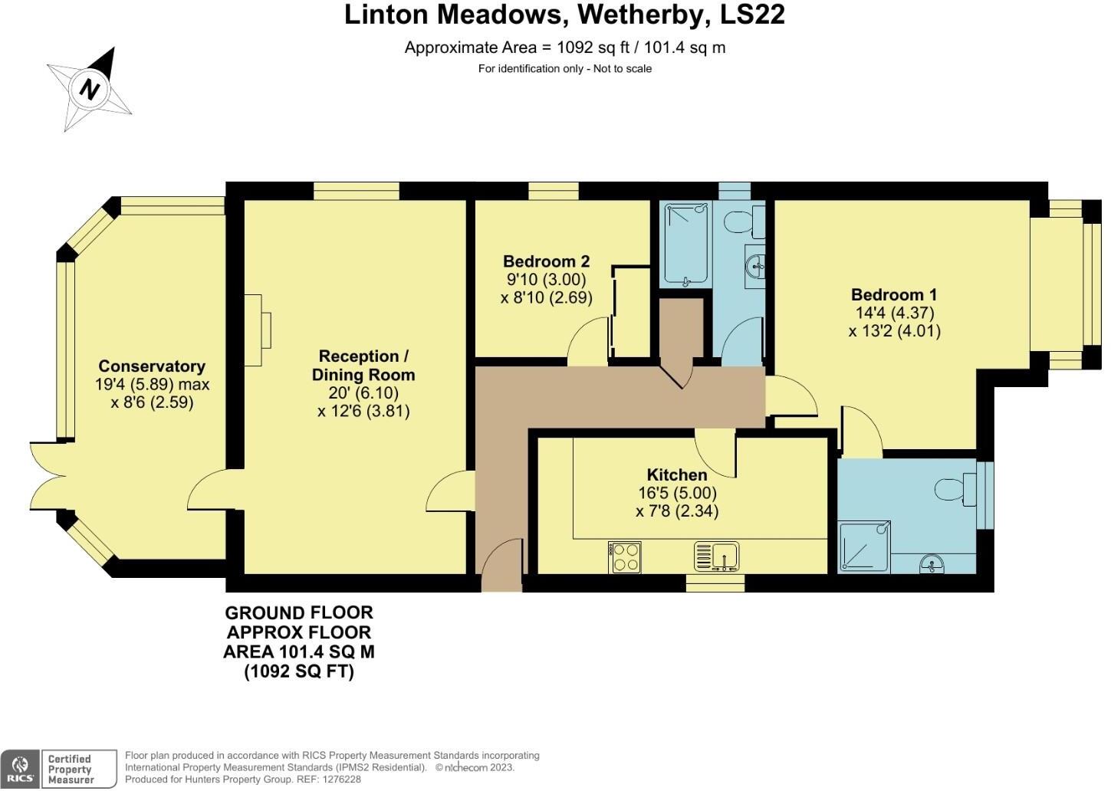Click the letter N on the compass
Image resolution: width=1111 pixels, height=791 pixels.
pos(90,90)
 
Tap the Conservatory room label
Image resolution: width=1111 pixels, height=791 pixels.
pos(152,366)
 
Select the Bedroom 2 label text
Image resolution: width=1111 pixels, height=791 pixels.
pos(546,261)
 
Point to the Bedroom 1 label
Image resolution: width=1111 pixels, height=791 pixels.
pos(894,295)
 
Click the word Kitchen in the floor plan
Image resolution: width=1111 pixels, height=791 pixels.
pos(676,475)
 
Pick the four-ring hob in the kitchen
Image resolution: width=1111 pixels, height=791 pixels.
pos(626,557)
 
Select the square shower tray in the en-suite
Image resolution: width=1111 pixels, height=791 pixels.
pos(864,546)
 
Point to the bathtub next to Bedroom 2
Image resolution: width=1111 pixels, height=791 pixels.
pos(687,244)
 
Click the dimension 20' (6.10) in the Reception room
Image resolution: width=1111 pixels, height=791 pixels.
pos(363,392)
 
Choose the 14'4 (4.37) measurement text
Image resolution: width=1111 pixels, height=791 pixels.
pos(894,313)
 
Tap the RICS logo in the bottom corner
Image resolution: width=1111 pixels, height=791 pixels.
pos(20,769)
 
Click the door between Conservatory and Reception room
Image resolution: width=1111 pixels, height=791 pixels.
pos(209,491)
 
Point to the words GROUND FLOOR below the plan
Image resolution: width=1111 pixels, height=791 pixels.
pos(299,613)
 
